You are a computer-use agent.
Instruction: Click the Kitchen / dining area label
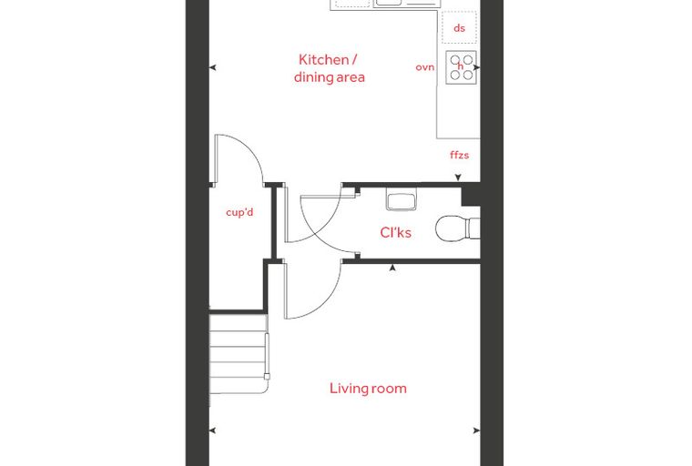(x=330, y=68)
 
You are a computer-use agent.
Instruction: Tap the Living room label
(x=368, y=389)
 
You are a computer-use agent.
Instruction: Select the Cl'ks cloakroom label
(x=395, y=232)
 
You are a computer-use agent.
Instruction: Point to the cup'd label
(x=239, y=212)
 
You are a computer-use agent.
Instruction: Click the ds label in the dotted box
(x=460, y=28)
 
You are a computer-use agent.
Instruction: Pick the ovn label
(x=425, y=67)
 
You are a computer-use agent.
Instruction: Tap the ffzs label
(x=460, y=155)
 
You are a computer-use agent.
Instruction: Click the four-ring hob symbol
(x=462, y=67)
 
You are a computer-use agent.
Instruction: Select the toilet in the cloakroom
(x=458, y=228)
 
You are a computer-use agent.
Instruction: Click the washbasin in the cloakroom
(x=402, y=199)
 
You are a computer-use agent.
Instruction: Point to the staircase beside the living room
(x=239, y=354)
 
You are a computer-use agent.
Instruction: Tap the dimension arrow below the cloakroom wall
(x=392, y=268)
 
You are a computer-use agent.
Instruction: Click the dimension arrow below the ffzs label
(x=458, y=177)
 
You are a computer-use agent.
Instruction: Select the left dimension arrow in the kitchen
(x=213, y=68)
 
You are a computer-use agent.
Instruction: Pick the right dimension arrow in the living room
(x=476, y=431)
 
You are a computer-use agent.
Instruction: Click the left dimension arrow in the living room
(x=213, y=431)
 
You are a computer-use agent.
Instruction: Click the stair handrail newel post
(x=267, y=377)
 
